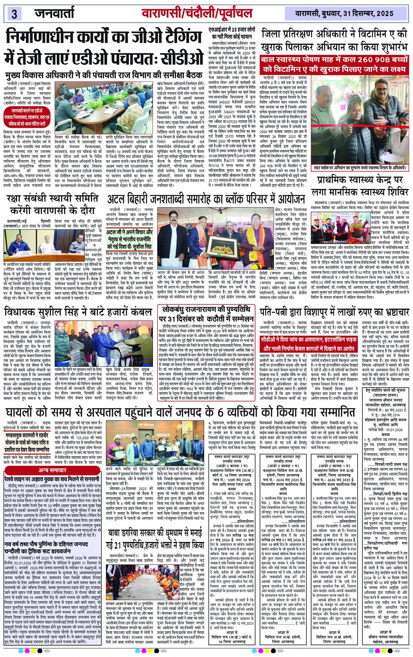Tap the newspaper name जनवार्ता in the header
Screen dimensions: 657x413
pos(59,13)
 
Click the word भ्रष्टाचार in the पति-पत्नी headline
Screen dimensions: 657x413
pos(385,311)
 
